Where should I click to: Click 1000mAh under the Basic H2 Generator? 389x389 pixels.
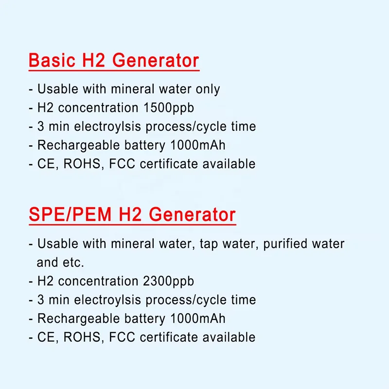click(197, 145)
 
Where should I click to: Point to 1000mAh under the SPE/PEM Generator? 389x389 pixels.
click(197, 318)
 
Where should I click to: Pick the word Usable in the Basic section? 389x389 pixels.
click(55, 89)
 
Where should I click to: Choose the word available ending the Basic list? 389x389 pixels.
click(229, 163)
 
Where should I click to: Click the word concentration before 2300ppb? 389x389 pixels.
click(99, 281)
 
